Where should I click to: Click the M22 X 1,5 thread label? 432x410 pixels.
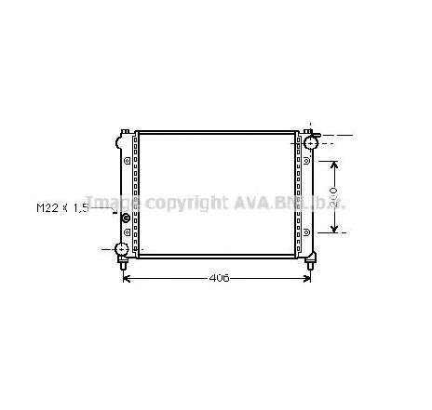[x=61, y=208]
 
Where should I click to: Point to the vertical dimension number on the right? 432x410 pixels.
[x=346, y=197]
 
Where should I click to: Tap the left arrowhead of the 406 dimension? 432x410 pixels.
[x=128, y=278]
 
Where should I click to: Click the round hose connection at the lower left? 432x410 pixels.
[x=121, y=249]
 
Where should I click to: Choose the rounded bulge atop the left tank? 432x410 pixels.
[x=121, y=140]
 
